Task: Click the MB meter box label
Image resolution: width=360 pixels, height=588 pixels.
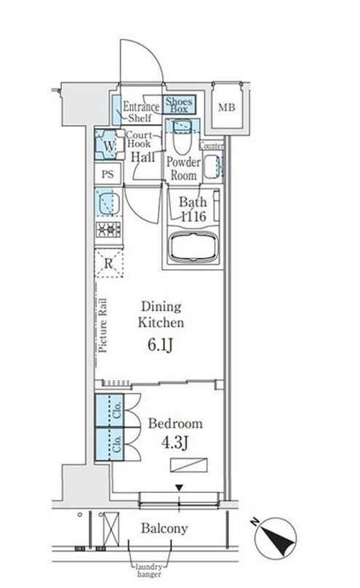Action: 226,108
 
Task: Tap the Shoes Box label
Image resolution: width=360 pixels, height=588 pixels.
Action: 179,105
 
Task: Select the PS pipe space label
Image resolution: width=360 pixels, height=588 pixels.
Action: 108,174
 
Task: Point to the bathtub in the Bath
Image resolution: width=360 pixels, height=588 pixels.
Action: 193,247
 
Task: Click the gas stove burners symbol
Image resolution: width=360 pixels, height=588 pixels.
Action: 108,230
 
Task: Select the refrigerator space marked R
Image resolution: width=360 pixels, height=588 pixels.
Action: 108,263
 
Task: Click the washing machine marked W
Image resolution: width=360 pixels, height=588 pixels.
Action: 109,145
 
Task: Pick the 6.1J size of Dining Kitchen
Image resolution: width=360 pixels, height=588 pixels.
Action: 160,345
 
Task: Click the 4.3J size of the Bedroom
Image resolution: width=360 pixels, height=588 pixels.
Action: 175,443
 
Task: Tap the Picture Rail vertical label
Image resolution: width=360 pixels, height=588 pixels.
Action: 103,325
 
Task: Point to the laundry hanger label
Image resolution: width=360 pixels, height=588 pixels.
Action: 149,571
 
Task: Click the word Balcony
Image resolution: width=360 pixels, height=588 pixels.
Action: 164,528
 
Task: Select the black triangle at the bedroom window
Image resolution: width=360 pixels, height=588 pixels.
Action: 179,488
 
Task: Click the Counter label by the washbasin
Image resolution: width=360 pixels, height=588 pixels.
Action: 212,145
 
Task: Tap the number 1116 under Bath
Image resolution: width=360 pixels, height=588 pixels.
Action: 193,216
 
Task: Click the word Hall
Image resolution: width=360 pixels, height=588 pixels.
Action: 143,157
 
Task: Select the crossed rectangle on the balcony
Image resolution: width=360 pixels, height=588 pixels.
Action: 111,529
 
